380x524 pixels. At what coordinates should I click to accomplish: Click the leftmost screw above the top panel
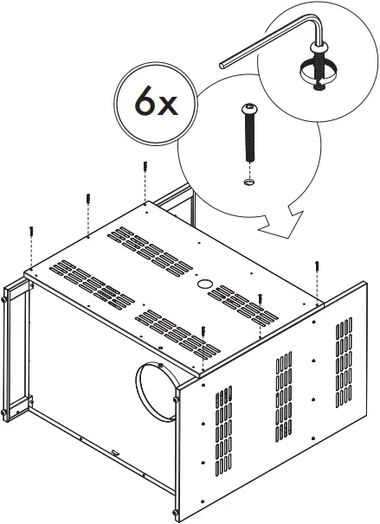pos(31,233)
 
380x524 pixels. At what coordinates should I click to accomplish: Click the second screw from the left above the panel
pos(88,200)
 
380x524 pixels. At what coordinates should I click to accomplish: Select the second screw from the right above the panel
pos(259,298)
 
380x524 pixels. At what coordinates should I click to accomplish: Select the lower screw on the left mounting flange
pos(8,406)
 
